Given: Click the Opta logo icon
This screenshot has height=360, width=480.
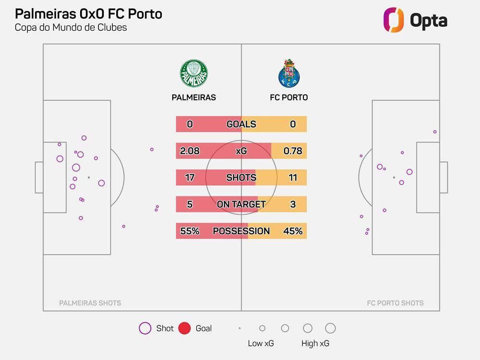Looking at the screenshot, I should coord(394,20).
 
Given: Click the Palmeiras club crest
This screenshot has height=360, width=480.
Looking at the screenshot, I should coord(194,73).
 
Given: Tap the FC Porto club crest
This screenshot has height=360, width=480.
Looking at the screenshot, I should coord(288,73).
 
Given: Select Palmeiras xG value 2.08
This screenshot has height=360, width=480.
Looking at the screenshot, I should coord(190,151).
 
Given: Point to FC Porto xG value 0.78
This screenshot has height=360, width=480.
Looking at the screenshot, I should coord(293,151).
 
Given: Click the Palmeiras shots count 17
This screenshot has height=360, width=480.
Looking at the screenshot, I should coord(190,178).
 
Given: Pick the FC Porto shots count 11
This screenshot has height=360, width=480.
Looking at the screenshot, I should coord(293,178).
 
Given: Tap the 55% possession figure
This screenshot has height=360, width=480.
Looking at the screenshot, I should coord(190,231).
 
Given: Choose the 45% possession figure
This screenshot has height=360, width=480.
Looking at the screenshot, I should coord(293,231).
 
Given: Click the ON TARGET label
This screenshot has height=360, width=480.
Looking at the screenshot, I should coord(241,204).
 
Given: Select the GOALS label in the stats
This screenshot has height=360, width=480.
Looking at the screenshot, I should coord(241,124).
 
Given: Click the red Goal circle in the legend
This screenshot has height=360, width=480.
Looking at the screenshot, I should coord(184,328).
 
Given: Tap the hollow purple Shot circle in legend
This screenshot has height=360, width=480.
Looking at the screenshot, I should coord(145,328).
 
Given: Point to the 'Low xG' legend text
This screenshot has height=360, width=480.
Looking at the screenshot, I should coord(262,343).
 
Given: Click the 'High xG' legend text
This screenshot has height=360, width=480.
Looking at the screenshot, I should coord(315,343).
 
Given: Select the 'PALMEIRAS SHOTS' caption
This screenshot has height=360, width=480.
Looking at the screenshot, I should coord(90,303).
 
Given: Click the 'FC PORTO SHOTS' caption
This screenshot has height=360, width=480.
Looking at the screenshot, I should coord(395,303).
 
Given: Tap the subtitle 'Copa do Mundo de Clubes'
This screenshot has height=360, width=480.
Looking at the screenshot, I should coord(71,27).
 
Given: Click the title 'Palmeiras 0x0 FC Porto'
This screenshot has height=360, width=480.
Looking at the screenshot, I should coord(88,13).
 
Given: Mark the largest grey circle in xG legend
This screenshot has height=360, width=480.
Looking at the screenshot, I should coord(330,328).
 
